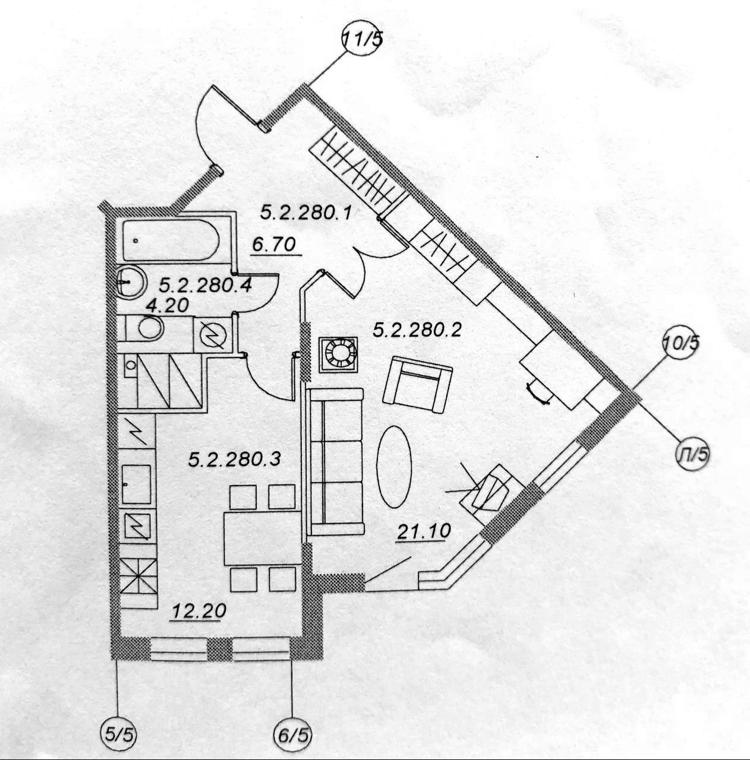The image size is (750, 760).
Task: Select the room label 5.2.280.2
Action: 417,330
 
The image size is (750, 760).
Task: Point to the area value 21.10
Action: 424,532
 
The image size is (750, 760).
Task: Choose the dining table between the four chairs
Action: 261,537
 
